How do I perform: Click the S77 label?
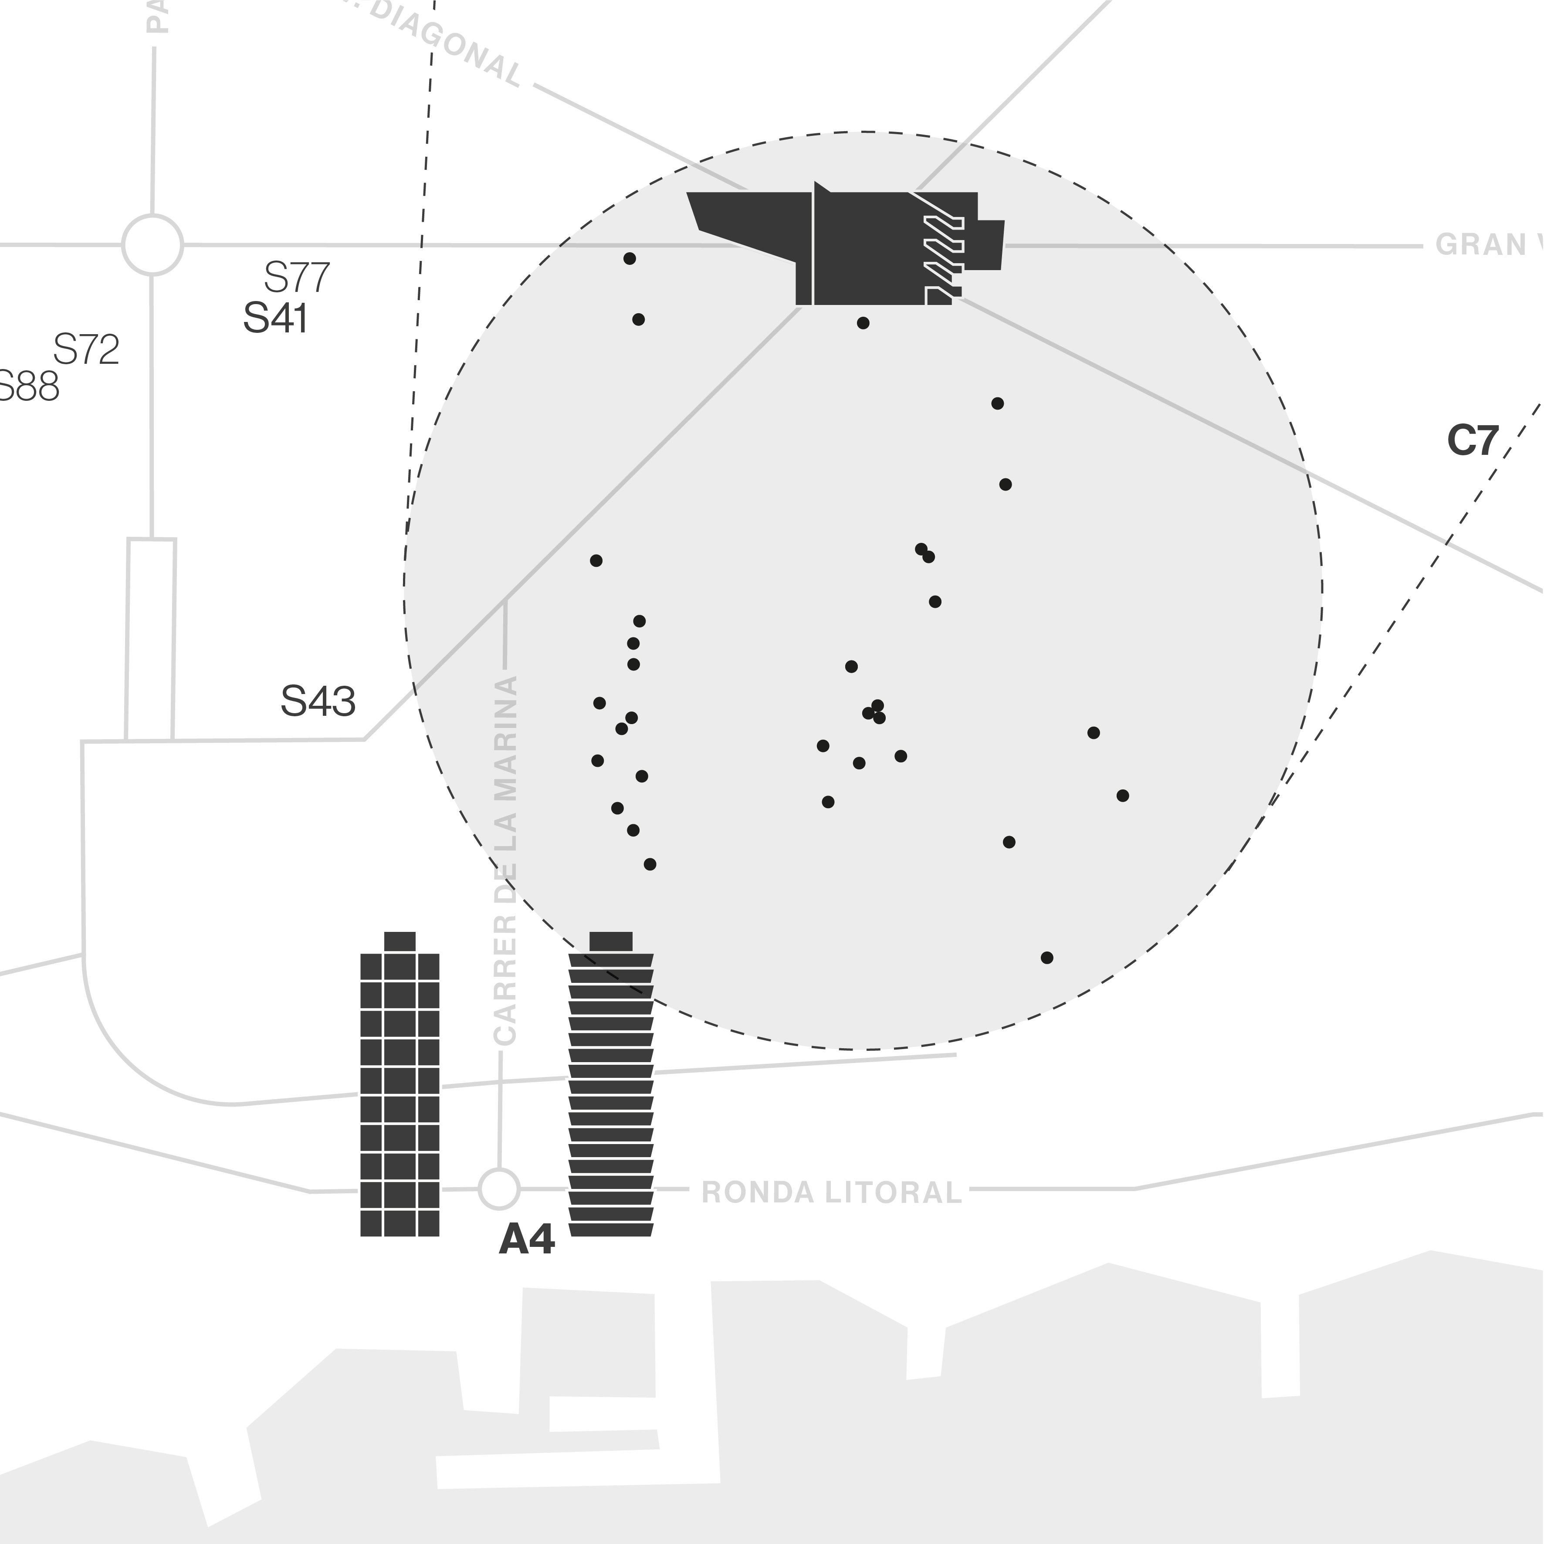(x=297, y=278)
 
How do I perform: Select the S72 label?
(x=86, y=350)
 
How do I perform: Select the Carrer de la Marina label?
(x=506, y=859)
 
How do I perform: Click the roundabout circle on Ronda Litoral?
(x=499, y=1189)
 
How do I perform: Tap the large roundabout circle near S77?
(x=152, y=244)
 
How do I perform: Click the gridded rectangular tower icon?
(x=400, y=1095)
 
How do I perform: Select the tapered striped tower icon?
(x=610, y=1095)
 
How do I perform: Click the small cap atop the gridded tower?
(x=400, y=941)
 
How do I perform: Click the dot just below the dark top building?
(x=863, y=323)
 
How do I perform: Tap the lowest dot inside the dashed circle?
(x=1047, y=958)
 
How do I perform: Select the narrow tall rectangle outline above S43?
(x=150, y=639)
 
